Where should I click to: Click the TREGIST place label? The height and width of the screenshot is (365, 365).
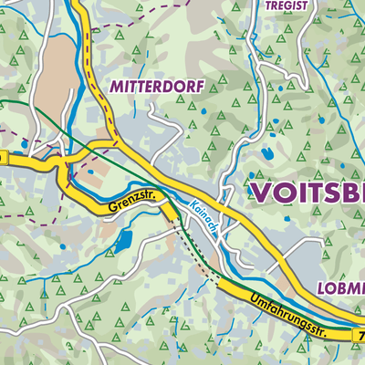pyautogui.click(x=288, y=5)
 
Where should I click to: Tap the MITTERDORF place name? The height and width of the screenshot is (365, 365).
pyautogui.click(x=155, y=87)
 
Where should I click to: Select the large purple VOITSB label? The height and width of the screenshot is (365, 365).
pyautogui.click(x=306, y=193)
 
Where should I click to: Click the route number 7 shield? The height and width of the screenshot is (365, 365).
pyautogui.click(x=360, y=337)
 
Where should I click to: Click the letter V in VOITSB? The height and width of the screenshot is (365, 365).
pyautogui.click(x=260, y=193)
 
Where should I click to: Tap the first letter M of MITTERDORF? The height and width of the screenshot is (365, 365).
pyautogui.click(x=115, y=87)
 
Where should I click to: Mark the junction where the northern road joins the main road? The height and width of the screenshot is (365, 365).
pyautogui.click(x=117, y=144)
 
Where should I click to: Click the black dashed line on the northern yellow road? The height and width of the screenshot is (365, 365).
pyautogui.click(x=90, y=55)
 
